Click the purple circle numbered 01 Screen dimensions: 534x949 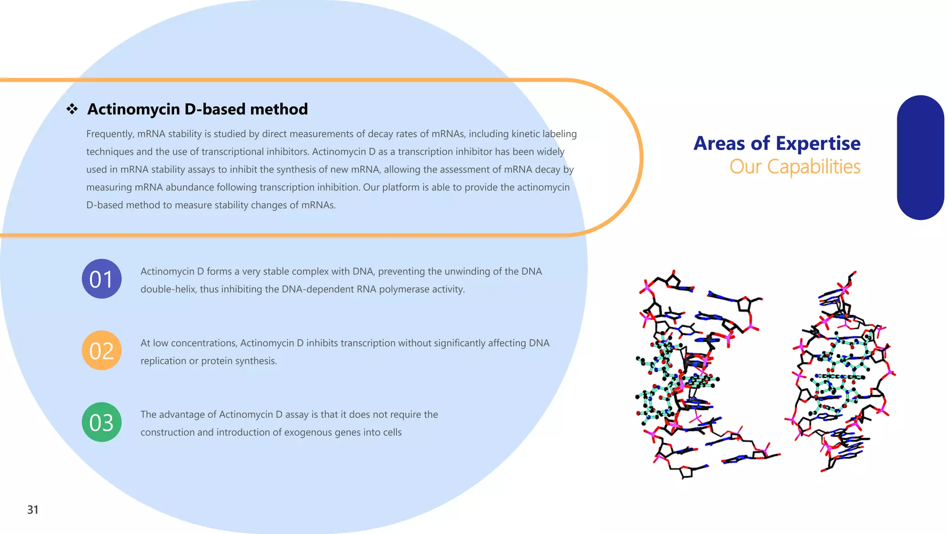coord(101,279)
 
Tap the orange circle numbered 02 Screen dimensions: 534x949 coord(101,350)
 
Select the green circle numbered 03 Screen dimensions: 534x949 coord(101,422)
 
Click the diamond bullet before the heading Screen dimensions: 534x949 coord(72,109)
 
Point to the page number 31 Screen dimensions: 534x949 coord(33,509)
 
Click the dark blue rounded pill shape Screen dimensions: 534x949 coord(920,158)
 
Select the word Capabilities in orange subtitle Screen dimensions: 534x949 coord(814,167)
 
